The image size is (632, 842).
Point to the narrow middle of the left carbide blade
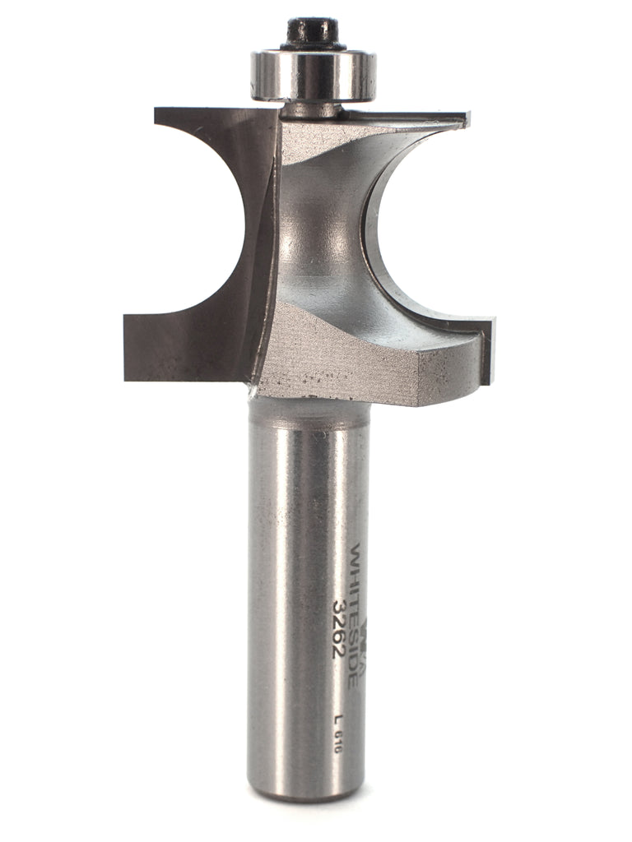tap(257, 238)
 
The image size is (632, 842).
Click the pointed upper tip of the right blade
tap(462, 120)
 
